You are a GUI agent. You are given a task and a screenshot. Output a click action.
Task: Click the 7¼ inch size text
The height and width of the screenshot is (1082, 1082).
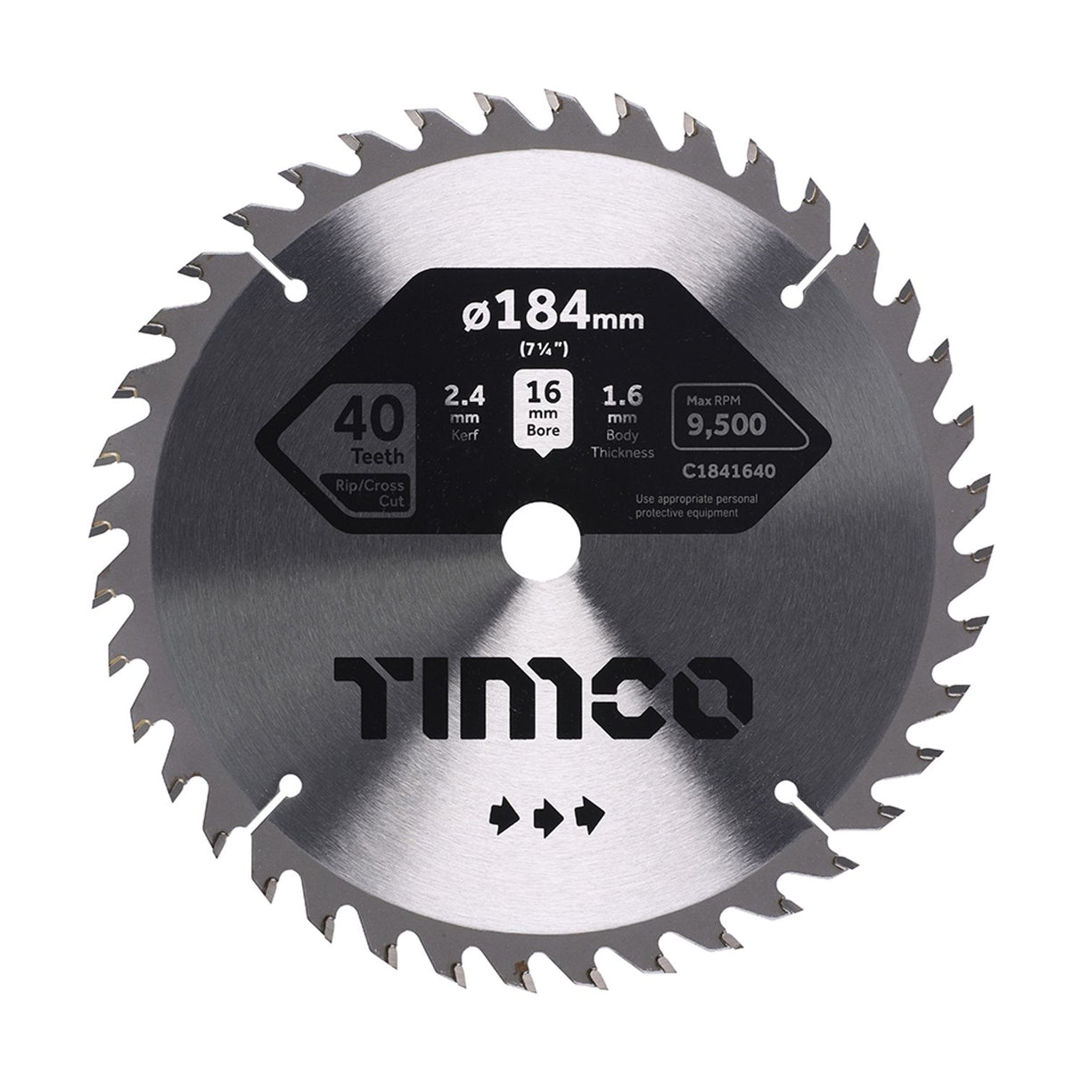pyautogui.click(x=539, y=349)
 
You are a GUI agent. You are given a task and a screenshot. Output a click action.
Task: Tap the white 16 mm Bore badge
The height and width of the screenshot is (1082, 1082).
pyautogui.click(x=540, y=414)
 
